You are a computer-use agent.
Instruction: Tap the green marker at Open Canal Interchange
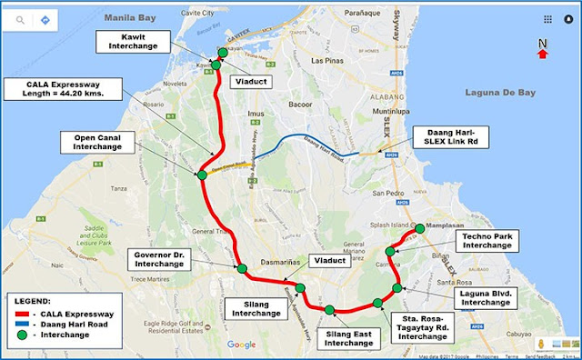coord(202,175)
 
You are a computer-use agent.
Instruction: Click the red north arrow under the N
coord(543,54)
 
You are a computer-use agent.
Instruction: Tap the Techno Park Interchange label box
coord(479,240)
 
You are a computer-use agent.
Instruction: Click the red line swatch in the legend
coord(25,312)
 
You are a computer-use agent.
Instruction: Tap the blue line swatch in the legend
coord(25,323)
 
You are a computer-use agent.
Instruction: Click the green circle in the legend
coord(26,335)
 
